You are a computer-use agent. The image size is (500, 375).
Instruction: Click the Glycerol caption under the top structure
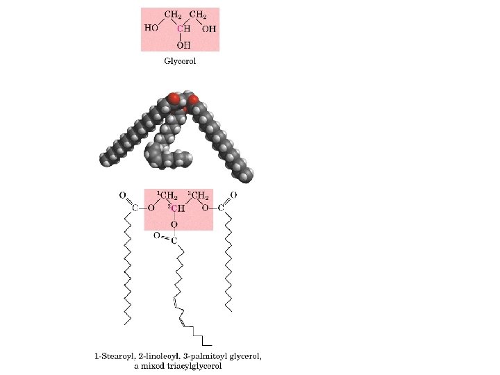180,61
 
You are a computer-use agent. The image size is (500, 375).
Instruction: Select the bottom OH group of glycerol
183,44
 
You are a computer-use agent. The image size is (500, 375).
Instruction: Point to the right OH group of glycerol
209,28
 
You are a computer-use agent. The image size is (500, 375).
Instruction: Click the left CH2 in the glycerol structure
172,15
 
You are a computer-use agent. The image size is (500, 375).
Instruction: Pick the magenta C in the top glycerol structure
180,28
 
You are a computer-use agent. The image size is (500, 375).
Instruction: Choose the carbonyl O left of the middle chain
156,236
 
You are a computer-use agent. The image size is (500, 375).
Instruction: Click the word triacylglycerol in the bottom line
192,366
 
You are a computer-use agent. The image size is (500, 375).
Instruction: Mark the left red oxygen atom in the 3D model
173,99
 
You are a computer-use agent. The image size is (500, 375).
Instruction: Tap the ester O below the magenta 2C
174,224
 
